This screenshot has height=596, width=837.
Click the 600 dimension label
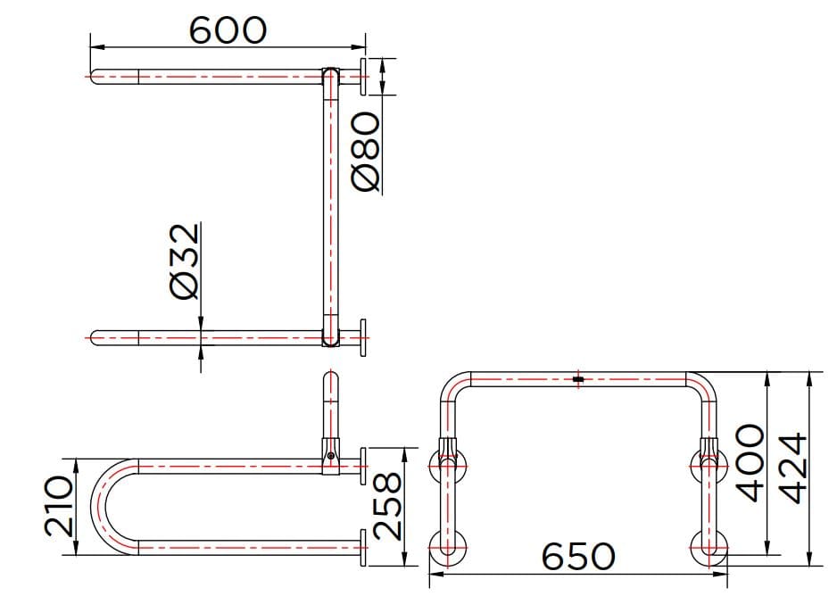pyautogui.click(x=228, y=29)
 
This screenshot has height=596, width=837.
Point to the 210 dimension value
pyautogui.click(x=58, y=506)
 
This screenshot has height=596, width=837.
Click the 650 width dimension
pyautogui.click(x=578, y=557)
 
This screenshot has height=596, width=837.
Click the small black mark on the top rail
pyautogui.click(x=577, y=380)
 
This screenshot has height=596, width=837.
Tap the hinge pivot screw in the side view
pyautogui.click(x=331, y=457)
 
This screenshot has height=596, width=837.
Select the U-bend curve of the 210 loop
pyautogui.click(x=100, y=506)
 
